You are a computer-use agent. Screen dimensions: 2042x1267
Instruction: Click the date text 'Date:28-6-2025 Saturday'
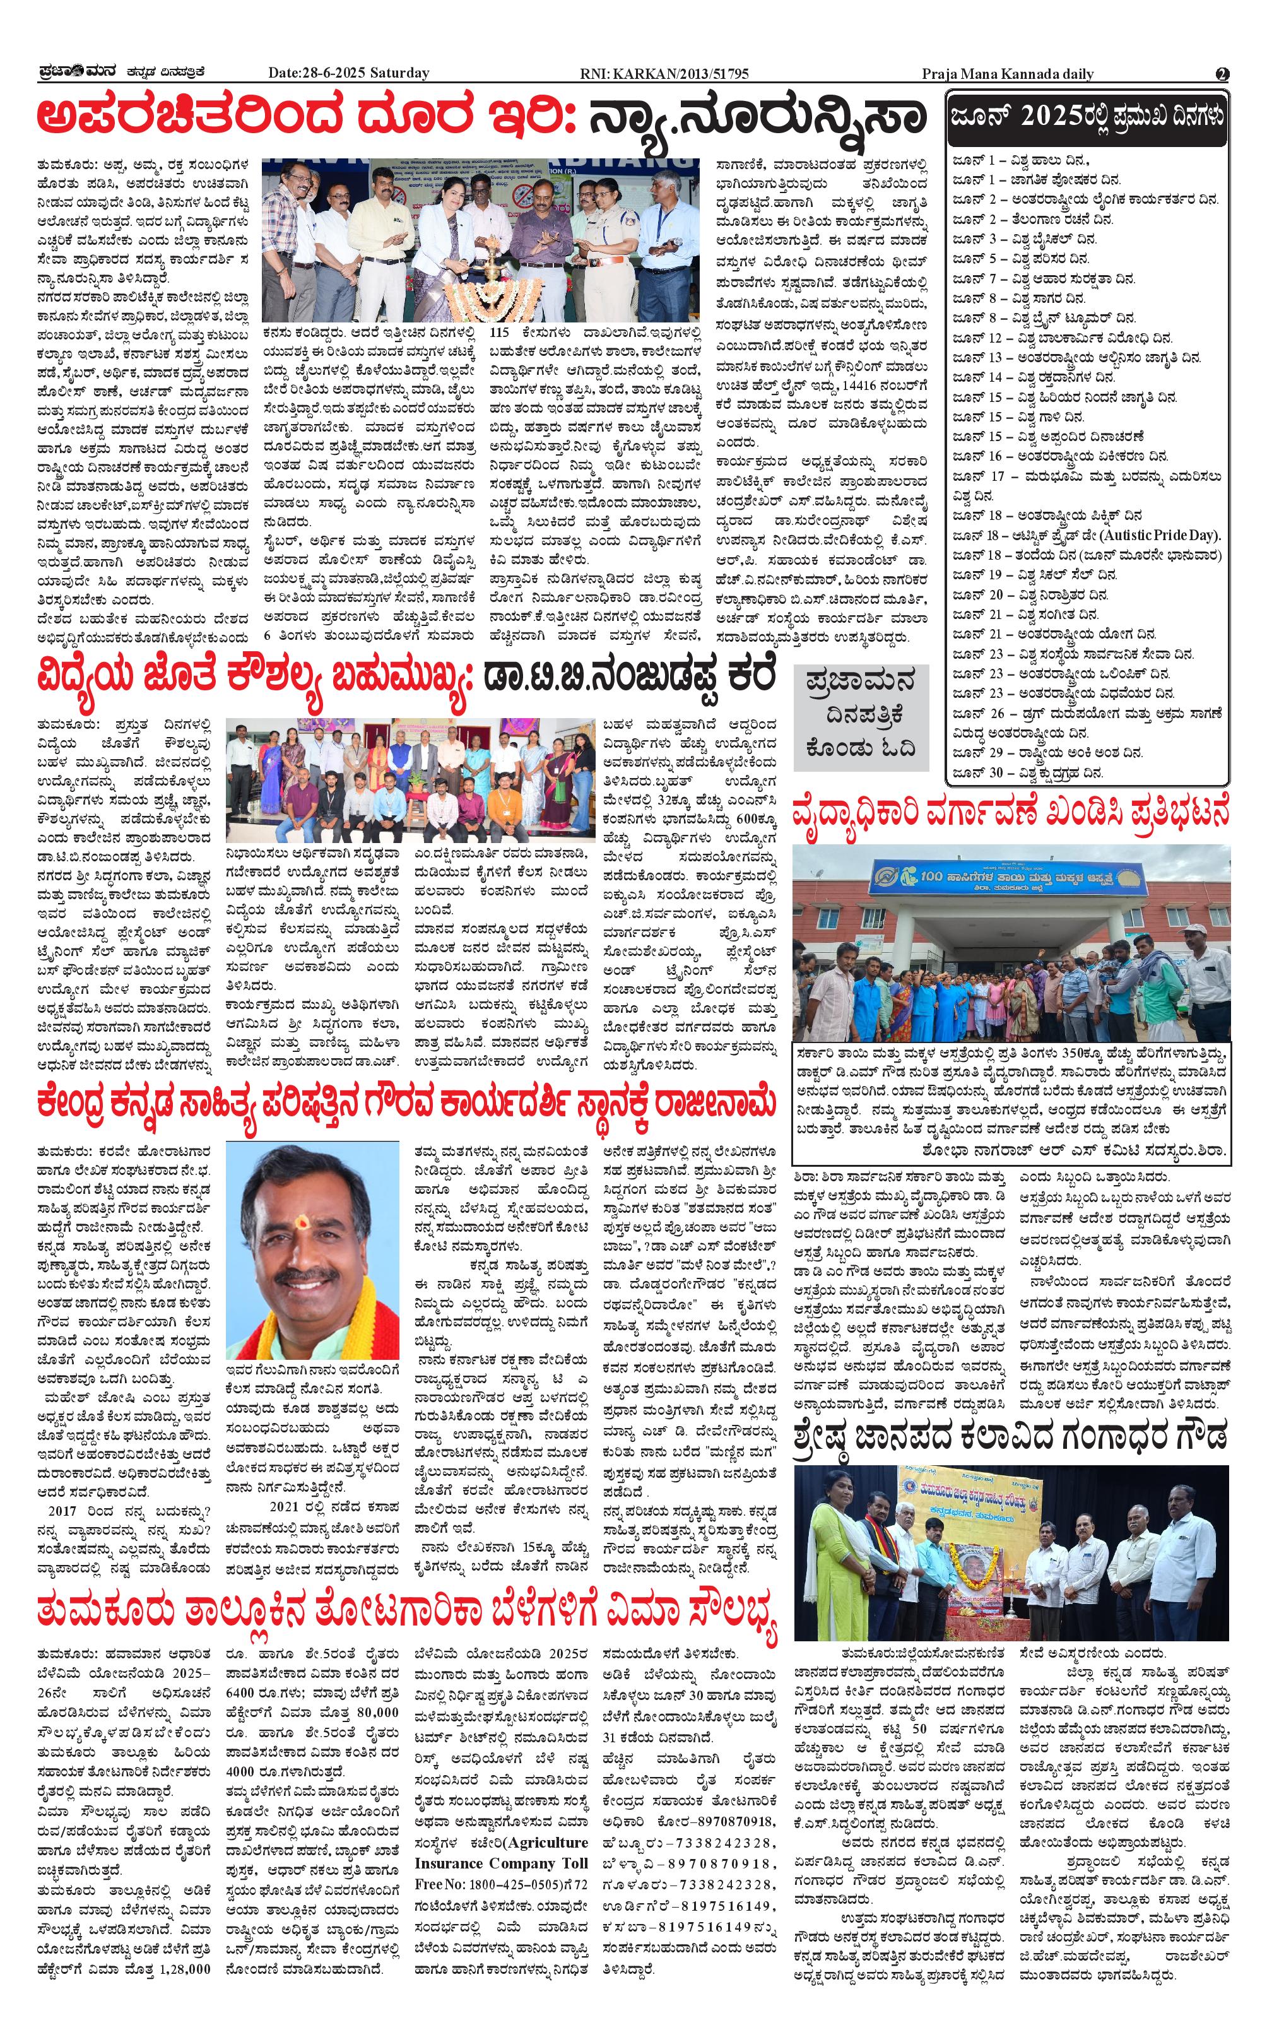pyautogui.click(x=348, y=73)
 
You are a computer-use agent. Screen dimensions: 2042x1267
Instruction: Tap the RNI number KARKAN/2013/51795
pyautogui.click(x=664, y=74)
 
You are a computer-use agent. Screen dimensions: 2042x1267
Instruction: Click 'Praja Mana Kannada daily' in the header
pyautogui.click(x=1007, y=74)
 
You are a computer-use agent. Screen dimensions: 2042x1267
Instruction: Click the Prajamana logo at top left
pyautogui.click(x=74, y=72)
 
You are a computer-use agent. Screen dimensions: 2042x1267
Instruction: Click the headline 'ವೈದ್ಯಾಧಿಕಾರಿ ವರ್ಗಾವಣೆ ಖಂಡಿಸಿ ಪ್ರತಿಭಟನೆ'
pyautogui.click(x=1011, y=813)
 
